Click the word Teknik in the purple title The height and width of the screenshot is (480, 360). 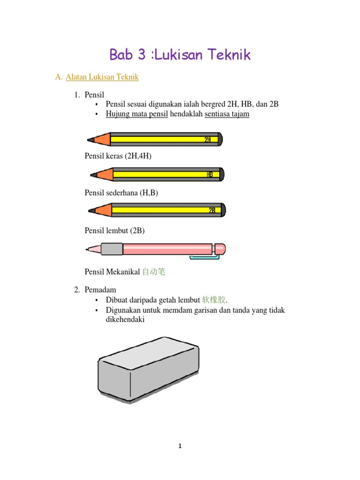coord(229,54)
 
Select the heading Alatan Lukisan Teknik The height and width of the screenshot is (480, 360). coord(102,77)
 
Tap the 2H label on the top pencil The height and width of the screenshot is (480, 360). coord(208,140)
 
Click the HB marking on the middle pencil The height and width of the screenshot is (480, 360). coord(210,174)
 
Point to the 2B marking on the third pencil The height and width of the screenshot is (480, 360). coord(212,210)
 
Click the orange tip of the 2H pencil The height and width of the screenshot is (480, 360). coord(102,139)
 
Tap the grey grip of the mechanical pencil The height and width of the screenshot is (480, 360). coord(112,249)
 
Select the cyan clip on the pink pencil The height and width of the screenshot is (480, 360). coord(204,257)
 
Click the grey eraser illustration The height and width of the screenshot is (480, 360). coord(149,370)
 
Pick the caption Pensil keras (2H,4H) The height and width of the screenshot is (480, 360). coord(118,156)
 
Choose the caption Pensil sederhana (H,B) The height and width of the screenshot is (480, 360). coord(121,193)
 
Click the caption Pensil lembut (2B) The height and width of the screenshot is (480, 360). coord(114,231)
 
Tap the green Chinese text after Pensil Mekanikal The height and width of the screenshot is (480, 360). coord(154,271)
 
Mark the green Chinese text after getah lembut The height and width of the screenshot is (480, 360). coord(214,300)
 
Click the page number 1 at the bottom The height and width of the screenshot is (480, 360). coord(180,446)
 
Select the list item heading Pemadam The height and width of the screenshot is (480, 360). coord(100,290)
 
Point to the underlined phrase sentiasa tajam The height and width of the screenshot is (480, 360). coord(227,114)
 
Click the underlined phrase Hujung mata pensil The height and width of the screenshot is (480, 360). coord(137,114)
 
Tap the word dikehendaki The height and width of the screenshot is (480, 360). coord(125,319)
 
